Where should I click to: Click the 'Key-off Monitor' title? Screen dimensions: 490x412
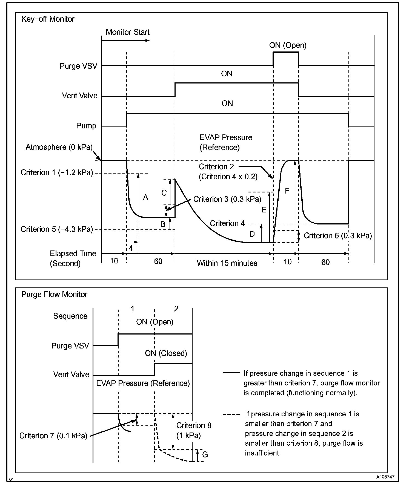click(48, 19)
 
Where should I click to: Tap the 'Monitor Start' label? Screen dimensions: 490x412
click(127, 32)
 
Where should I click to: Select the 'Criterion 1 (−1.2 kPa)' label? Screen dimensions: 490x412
click(57, 173)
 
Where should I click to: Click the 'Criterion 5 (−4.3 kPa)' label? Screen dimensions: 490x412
click(57, 229)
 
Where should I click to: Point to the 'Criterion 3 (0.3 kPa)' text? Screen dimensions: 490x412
click(227, 199)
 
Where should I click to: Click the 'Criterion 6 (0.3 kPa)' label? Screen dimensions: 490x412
click(338, 236)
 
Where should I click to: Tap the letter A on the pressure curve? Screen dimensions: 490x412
click(145, 197)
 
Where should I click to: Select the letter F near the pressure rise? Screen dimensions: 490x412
click(287, 191)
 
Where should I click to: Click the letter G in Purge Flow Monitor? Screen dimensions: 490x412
click(205, 455)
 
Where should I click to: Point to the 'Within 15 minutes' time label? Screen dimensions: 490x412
click(227, 263)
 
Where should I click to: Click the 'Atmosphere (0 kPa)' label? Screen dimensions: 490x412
click(59, 147)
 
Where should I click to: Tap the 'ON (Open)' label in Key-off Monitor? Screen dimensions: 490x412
click(288, 45)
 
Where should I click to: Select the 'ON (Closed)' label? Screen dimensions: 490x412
click(166, 353)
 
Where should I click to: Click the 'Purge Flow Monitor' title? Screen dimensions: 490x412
click(54, 295)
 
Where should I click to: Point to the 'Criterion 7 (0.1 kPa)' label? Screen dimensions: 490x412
click(53, 436)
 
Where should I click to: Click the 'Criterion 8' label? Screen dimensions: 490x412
click(194, 425)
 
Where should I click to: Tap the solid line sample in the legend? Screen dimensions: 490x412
click(231, 373)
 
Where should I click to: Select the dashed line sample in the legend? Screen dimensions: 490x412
click(231, 414)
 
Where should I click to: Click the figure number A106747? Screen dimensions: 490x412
click(385, 477)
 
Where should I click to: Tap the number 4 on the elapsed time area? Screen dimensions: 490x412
click(131, 248)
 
